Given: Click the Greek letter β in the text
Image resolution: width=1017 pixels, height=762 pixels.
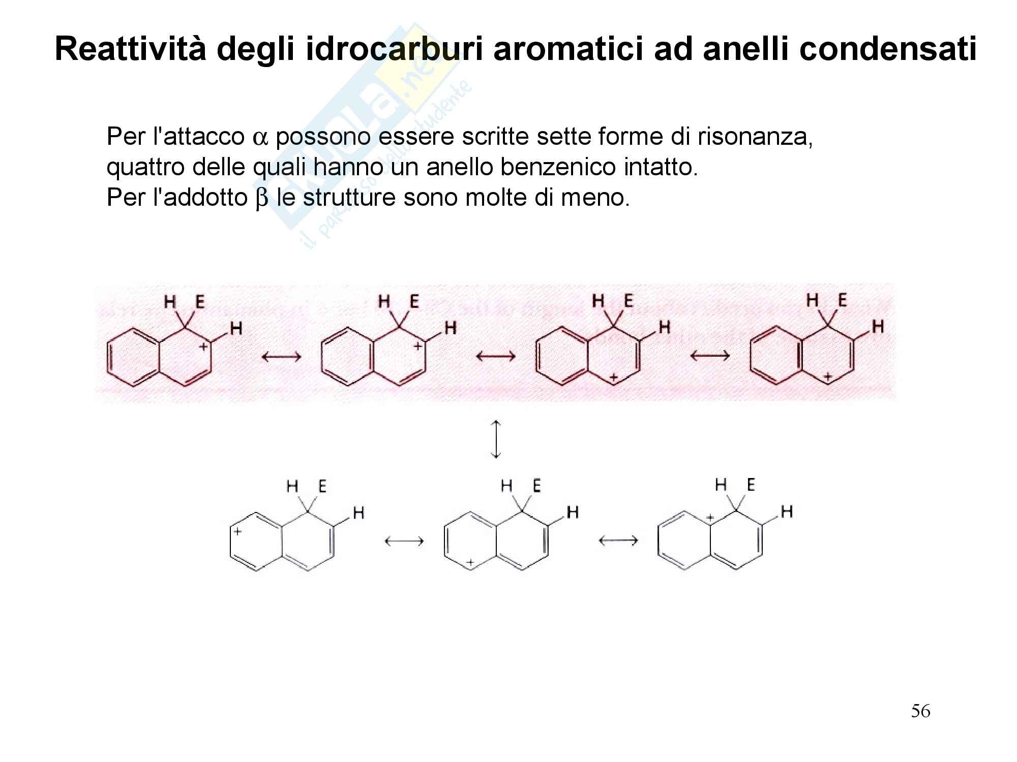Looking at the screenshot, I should point(261,198).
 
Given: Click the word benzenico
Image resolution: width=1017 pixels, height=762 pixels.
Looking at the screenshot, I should point(557,168).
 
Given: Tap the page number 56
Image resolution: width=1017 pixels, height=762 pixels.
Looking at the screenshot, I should point(920,711).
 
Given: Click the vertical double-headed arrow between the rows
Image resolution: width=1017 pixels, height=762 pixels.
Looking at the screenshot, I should point(496,439).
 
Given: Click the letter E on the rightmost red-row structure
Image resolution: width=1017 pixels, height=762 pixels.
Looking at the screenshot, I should point(843,300).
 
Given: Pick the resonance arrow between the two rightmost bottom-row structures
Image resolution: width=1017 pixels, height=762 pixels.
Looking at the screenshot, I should point(618,541).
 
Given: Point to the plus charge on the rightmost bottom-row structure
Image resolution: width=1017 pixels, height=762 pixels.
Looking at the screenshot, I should point(711,519).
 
